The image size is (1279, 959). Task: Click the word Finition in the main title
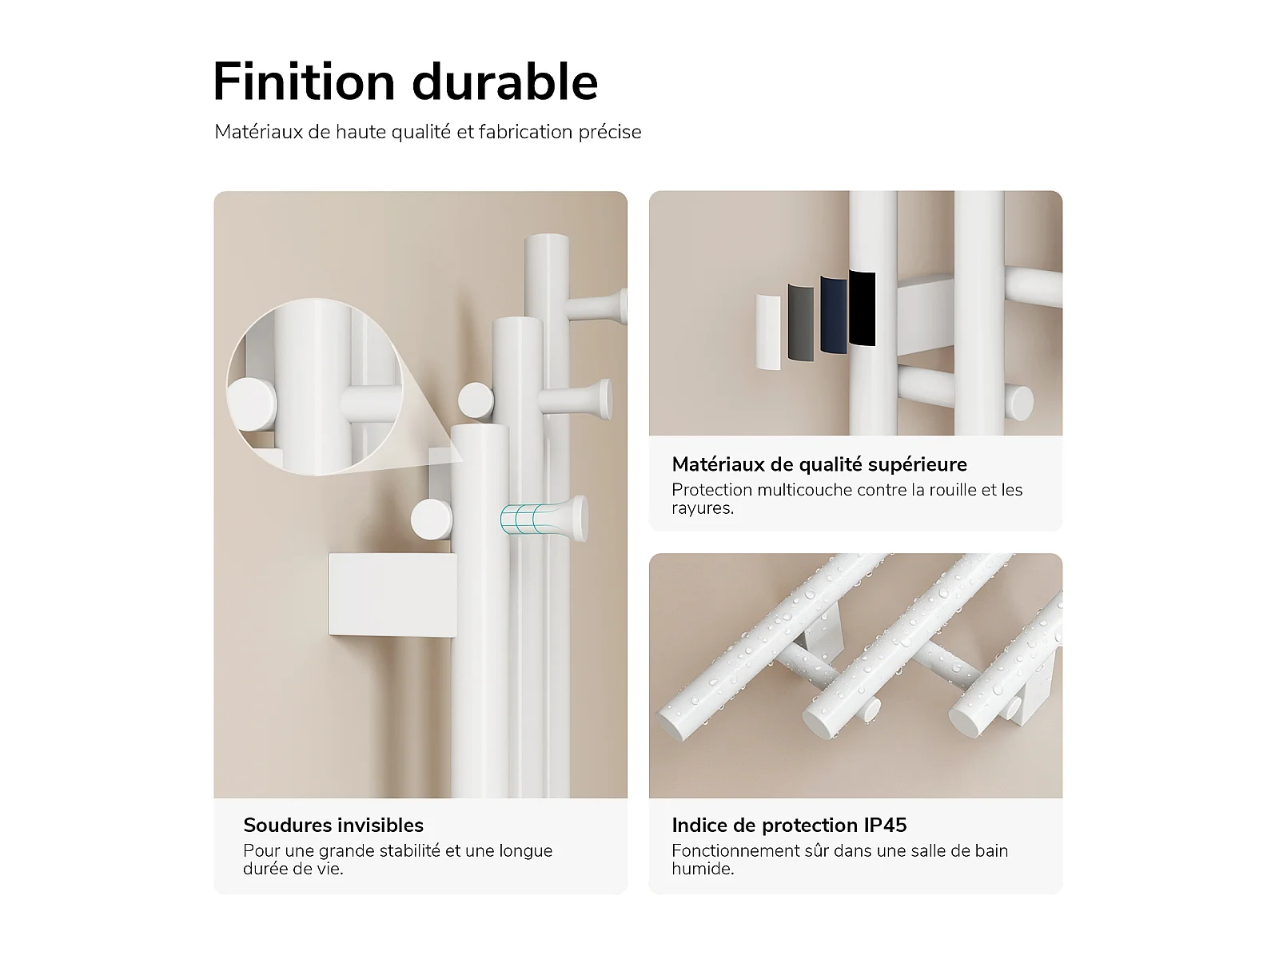[x=305, y=82]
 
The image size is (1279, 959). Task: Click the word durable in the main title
[x=504, y=82]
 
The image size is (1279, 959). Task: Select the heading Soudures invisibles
[x=333, y=825]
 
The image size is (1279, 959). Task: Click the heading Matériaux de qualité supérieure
[x=819, y=464]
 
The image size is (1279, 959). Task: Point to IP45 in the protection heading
[x=885, y=825]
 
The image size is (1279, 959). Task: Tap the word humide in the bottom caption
[x=702, y=869]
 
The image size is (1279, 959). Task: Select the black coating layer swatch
[x=862, y=308]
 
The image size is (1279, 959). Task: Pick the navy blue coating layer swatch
[x=833, y=315]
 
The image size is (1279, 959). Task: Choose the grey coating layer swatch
[x=801, y=322]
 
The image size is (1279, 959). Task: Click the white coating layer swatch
[x=768, y=332]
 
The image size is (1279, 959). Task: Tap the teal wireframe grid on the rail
[x=524, y=519]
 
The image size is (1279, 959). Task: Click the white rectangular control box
[x=392, y=595]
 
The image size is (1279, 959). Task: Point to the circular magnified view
[x=315, y=388]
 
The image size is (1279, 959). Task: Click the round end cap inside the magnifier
[x=252, y=404]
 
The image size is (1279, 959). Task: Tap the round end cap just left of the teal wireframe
[x=432, y=519]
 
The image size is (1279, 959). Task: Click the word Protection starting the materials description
[x=711, y=490]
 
